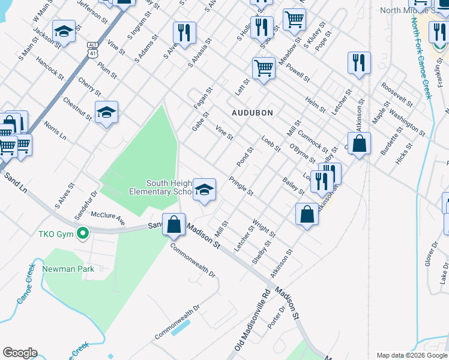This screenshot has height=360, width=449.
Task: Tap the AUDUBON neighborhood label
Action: tap(253, 113)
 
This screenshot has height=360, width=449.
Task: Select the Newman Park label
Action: tap(68, 269)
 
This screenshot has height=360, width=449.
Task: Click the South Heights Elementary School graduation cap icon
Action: tap(204, 190)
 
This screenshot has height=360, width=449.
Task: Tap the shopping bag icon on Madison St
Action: tap(173, 225)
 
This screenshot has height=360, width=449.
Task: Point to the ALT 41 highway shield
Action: tap(92, 49)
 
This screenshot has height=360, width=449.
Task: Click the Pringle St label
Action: tap(241, 186)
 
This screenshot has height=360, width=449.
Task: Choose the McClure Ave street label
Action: tap(107, 218)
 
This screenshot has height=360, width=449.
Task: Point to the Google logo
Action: tap(20, 353)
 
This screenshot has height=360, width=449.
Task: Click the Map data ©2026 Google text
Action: tap(412, 355)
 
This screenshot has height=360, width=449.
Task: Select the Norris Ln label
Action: tap(55, 133)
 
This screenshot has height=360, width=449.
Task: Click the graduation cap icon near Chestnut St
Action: tap(106, 112)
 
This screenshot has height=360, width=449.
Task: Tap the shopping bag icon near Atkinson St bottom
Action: tap(307, 214)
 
